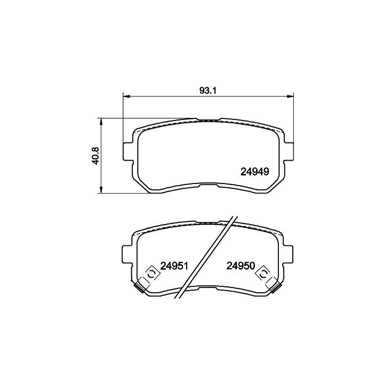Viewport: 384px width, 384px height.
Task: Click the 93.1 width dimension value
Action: coord(209,91)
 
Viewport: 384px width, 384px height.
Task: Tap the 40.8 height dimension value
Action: coord(95,156)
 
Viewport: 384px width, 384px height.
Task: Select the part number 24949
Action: coord(255,172)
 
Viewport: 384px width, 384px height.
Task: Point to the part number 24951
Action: coord(174,266)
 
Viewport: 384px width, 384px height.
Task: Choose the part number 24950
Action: coord(241,266)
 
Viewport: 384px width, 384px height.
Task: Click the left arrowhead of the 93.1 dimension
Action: coord(125,97)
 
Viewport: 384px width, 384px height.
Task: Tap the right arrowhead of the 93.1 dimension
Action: coord(291,97)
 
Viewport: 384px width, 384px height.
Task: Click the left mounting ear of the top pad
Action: coord(127,152)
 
